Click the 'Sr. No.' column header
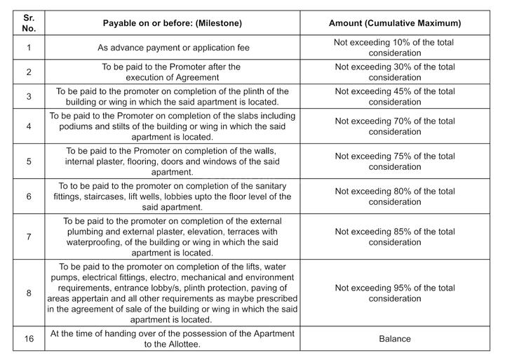(29, 23)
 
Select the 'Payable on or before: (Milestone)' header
(172, 23)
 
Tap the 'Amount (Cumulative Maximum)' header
(395, 23)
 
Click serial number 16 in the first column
(29, 339)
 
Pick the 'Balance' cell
(395, 339)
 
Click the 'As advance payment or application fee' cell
(172, 48)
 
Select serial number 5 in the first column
(29, 161)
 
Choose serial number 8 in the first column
(29, 293)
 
